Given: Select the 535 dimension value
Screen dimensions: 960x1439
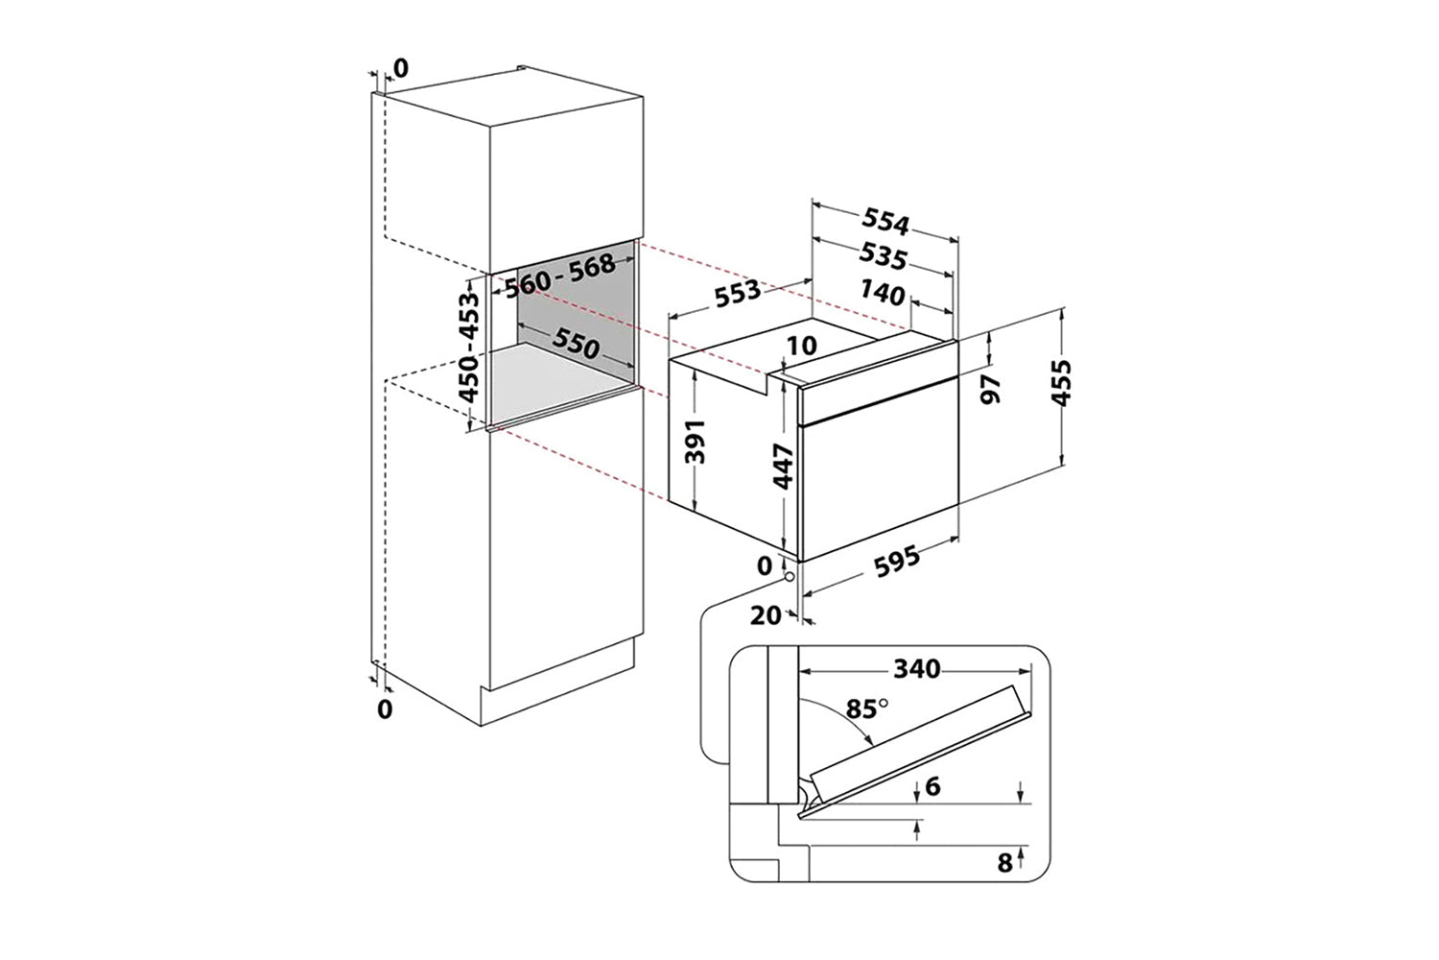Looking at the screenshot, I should [x=885, y=257].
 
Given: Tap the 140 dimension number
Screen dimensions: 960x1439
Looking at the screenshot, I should [x=882, y=292].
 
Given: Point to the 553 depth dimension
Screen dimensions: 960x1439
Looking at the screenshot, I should [x=738, y=292].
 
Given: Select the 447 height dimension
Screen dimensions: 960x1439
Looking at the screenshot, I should [x=785, y=467].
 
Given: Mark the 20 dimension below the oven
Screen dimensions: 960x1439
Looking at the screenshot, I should [x=766, y=616].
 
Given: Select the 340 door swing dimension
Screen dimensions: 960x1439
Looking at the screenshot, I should [x=916, y=668].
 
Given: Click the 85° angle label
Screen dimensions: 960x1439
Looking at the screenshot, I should [x=867, y=709].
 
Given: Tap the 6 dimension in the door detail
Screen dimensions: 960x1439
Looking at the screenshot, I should [x=933, y=786].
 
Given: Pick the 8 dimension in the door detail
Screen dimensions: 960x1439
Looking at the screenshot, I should [x=1004, y=863].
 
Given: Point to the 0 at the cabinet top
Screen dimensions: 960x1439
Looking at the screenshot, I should [x=401, y=67].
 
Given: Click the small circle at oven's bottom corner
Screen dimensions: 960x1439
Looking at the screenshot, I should [x=788, y=577].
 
